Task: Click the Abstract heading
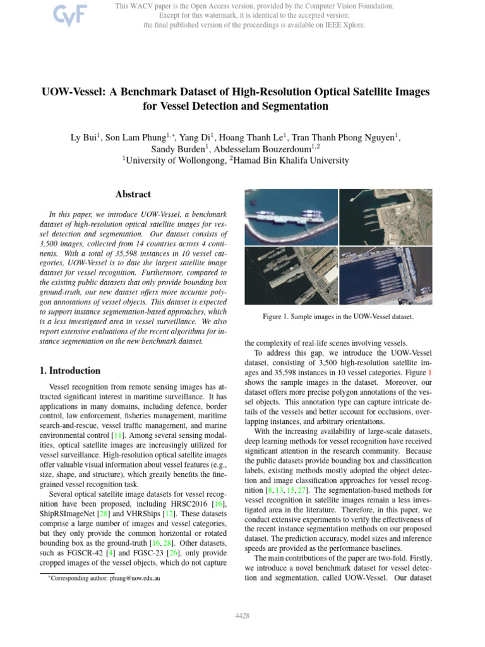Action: pos(133,195)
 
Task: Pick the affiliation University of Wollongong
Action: pos(176,161)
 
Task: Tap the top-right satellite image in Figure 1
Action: pos(385,217)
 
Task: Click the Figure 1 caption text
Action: pos(338,316)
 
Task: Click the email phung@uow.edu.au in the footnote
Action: pos(147,578)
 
